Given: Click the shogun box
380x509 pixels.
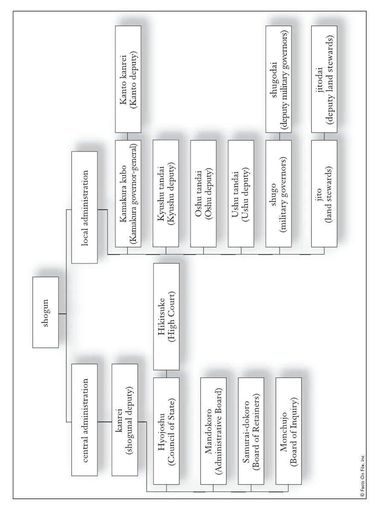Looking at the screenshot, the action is point(45,312).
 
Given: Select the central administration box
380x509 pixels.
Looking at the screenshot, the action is point(84,420).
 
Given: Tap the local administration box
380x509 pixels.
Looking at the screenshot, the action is point(84,208).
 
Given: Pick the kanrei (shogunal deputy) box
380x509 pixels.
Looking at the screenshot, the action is point(124,420).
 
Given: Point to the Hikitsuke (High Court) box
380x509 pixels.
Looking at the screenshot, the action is point(166,316).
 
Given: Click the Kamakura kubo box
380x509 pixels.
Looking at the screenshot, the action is point(128,193).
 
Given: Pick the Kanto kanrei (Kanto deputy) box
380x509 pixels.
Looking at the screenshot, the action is point(128,79).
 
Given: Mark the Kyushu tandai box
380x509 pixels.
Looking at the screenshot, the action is point(166,193).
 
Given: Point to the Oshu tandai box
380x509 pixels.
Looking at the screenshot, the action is point(203,193).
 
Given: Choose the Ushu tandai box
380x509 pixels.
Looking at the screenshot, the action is point(241,193).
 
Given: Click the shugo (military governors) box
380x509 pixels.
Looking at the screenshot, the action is point(279,193).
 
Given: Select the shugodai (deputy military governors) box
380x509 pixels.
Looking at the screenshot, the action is point(279,79).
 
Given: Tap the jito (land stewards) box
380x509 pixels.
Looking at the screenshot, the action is point(324,193).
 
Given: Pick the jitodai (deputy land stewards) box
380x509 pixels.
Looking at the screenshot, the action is point(324,79).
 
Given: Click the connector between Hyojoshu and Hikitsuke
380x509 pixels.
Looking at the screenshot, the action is point(166,374).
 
